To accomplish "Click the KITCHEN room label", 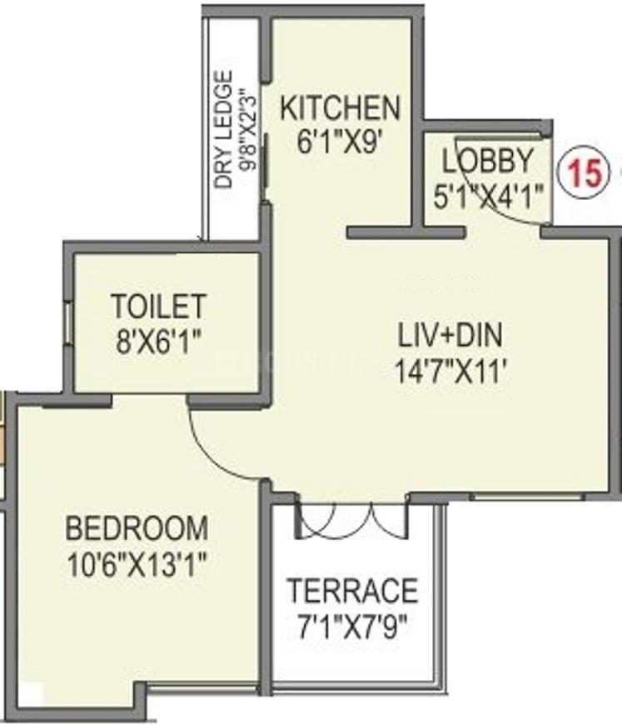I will (340, 107).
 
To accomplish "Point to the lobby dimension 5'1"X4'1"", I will (488, 197).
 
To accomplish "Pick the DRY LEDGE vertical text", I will (223, 131).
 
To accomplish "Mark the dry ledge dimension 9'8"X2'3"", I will (246, 131).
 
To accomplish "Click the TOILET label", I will (158, 306).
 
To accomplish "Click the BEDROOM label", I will (137, 528).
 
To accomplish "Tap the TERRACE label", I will (352, 590).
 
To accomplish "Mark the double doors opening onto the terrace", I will (352, 518).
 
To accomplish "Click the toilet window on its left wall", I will (67, 320).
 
